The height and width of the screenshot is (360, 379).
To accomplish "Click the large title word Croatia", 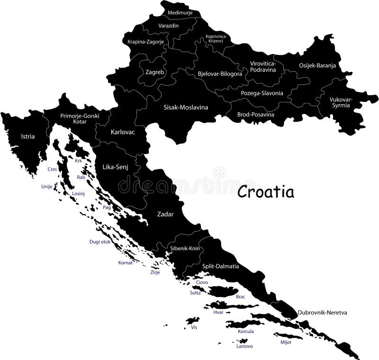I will [265, 192].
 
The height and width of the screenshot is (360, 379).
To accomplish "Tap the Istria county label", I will [28, 136].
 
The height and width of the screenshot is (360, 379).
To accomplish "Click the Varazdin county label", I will [168, 26].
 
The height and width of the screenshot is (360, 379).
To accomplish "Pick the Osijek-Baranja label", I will [317, 66].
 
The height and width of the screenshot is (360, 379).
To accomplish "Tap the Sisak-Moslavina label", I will [186, 107].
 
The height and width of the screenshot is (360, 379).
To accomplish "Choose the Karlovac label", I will [123, 132].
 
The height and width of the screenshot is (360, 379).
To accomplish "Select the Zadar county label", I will [165, 214].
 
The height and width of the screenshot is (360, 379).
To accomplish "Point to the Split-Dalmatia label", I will [220, 266].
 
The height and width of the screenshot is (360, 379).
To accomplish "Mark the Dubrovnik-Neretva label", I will [323, 313].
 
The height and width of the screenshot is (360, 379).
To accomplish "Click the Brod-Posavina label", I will [256, 114].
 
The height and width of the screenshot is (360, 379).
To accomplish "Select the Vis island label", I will [193, 327].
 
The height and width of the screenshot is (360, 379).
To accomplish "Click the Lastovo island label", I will [244, 346].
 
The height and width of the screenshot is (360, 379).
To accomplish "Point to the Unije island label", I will [46, 186].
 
